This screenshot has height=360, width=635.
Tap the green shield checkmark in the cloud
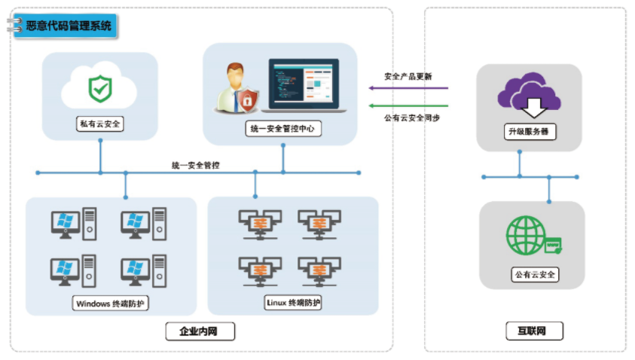[99, 88]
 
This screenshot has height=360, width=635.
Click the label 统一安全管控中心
[283, 129]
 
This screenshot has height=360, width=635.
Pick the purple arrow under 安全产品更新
[408, 88]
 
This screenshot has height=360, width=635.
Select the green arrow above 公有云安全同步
[408, 105]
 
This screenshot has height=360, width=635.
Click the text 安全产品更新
[408, 76]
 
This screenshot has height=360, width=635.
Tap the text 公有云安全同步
[411, 118]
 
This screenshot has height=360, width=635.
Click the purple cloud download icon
[529, 95]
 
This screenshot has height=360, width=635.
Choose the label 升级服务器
[530, 131]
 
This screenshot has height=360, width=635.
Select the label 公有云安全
[533, 274]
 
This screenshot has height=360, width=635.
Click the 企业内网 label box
[199, 330]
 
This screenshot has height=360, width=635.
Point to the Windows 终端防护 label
[111, 304]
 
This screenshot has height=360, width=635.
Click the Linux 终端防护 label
[294, 303]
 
